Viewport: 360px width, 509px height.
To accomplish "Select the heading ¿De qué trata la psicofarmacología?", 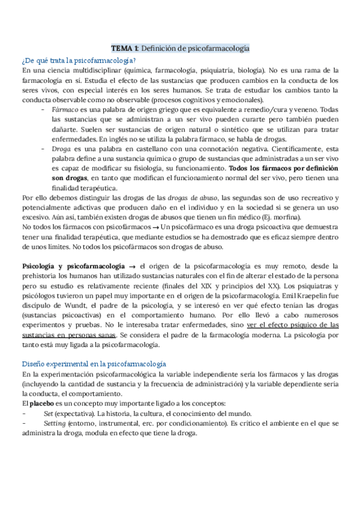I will (x=79, y=60).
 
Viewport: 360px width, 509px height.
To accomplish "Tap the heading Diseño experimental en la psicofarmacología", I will (x=94, y=364).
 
